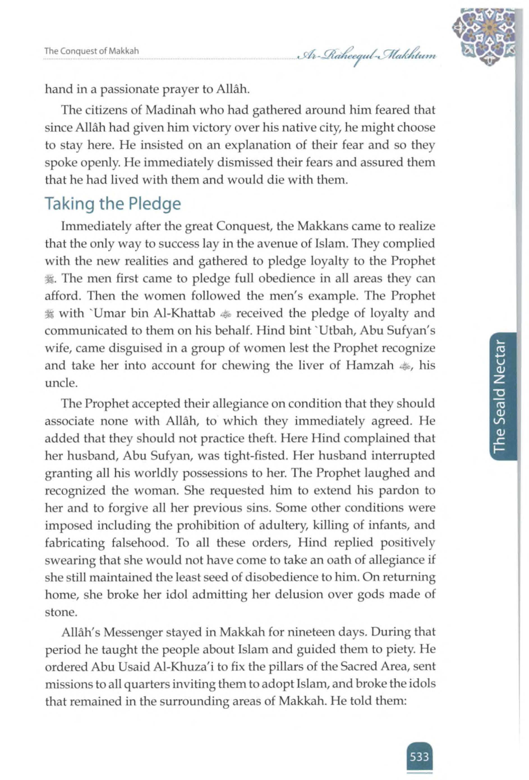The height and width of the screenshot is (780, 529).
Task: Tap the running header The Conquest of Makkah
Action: [x=92, y=51]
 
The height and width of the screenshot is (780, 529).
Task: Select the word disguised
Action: [x=141, y=348]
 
